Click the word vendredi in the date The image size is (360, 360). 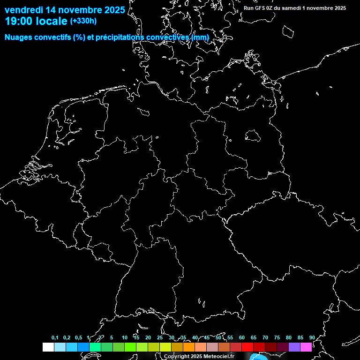click(23, 10)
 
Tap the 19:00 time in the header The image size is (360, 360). click(18, 21)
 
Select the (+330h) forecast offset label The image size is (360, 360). click(83, 21)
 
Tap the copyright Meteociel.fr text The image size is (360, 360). click(199, 357)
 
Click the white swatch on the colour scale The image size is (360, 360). click(48, 347)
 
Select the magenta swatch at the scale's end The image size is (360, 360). click(306, 347)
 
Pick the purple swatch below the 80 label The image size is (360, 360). click(294, 347)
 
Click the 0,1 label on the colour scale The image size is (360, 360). click(55, 338)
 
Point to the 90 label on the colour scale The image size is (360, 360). click(312, 338)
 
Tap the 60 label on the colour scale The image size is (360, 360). click(242, 338)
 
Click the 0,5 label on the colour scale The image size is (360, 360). click(78, 338)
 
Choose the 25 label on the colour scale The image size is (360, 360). click(160, 338)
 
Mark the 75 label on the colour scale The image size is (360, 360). click(277, 338)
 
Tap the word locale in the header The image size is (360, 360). click(52, 21)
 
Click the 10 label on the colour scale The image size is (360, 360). click(125, 338)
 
